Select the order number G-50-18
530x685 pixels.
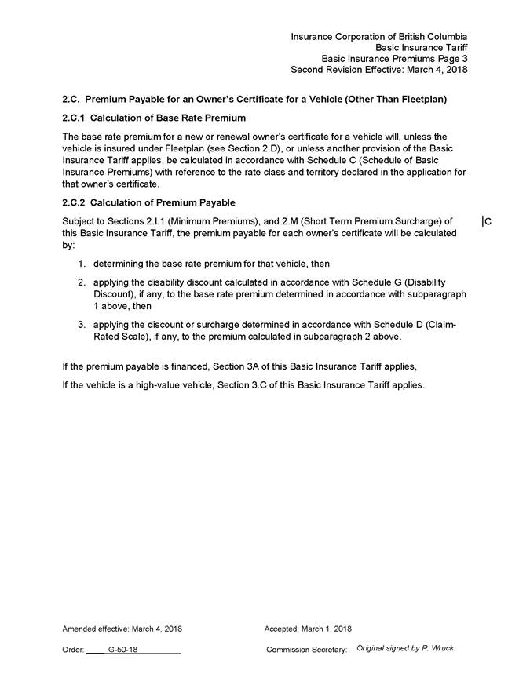[x=123, y=650]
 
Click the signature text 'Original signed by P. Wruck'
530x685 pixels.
[x=404, y=648]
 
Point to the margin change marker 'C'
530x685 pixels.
[x=488, y=222]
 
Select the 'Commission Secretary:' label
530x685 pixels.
[x=306, y=650]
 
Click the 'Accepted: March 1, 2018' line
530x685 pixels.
[x=308, y=629]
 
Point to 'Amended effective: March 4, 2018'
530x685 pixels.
[x=122, y=629]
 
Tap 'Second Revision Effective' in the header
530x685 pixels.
[x=350, y=69]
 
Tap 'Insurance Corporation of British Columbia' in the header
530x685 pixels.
[x=379, y=36]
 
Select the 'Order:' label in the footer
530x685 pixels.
[x=73, y=650]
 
